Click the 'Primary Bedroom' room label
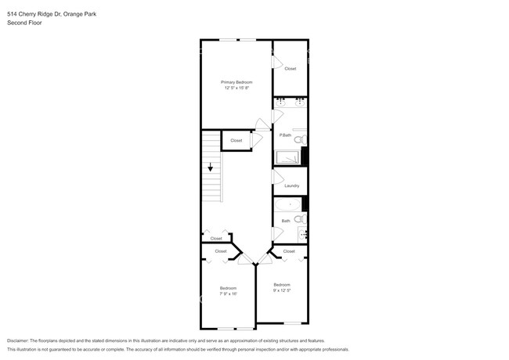[x=236, y=82]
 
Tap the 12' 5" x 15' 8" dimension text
[x=236, y=88]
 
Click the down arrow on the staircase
[x=210, y=167]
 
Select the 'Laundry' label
[x=291, y=185]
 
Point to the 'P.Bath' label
[x=285, y=136]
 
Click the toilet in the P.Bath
[x=301, y=139]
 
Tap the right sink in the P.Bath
[x=299, y=102]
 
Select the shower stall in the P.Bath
[x=287, y=157]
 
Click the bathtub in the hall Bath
[x=288, y=204]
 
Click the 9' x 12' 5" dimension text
[x=281, y=290]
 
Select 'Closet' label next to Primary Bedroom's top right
[x=291, y=69]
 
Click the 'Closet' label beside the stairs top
[x=236, y=141]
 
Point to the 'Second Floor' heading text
[x=24, y=23]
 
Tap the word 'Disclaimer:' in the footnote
[x=21, y=341]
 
